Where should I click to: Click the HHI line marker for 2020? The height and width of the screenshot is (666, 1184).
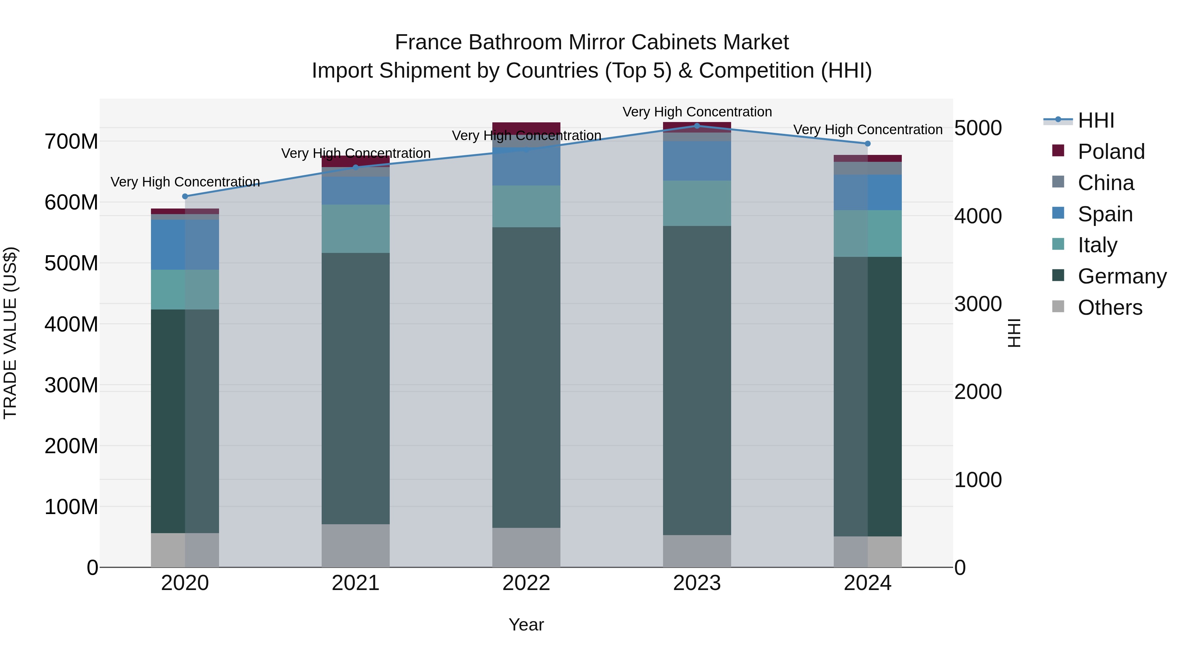(185, 196)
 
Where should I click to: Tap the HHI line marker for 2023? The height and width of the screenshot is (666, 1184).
(697, 126)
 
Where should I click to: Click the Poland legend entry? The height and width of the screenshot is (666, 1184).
(1110, 152)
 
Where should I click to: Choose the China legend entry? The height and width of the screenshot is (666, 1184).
(1105, 183)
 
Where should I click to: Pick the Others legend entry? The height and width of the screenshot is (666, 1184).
(1110, 308)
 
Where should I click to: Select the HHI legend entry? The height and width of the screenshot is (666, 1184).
(1096, 120)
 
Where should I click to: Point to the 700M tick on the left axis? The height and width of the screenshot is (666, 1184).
(71, 141)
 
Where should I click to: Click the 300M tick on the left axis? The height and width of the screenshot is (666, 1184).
(71, 385)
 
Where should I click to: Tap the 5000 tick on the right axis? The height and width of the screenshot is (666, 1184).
(978, 128)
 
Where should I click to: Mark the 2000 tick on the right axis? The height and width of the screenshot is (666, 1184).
(978, 392)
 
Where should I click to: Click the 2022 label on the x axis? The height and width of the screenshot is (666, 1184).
(526, 583)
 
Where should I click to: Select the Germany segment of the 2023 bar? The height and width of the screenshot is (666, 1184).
(697, 380)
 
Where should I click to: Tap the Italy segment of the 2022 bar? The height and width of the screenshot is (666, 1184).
(526, 206)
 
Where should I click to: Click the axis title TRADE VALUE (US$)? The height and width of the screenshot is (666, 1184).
(11, 333)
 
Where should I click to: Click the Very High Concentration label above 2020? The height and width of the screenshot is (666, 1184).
(185, 182)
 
